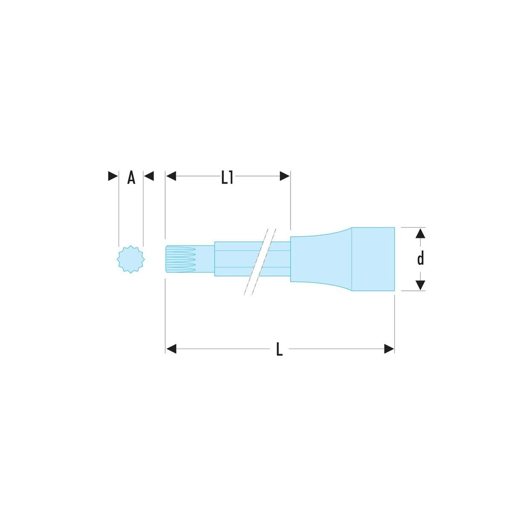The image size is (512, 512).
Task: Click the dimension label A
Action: click(131, 178)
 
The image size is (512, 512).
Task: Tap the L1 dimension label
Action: click(227, 178)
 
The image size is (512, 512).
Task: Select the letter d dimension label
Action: click(420, 258)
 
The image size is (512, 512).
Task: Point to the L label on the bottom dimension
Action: click(279, 349)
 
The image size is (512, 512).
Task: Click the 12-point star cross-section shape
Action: click(131, 259)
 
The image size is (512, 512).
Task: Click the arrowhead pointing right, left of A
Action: click(113, 176)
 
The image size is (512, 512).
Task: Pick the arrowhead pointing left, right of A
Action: click(149, 176)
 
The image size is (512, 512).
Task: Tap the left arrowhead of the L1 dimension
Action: click(171, 176)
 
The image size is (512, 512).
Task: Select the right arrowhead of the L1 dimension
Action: click(285, 176)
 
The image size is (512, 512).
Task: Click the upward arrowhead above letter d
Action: click(420, 233)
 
